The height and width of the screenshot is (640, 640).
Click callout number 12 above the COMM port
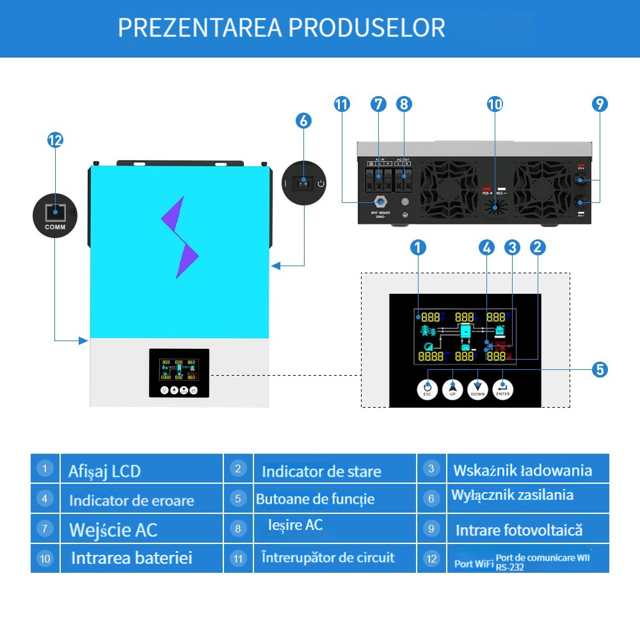click(x=56, y=140)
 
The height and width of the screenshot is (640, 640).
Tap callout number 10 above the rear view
click(x=495, y=104)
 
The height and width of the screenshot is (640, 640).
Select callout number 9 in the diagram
click(x=600, y=104)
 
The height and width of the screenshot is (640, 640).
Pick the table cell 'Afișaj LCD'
click(x=104, y=472)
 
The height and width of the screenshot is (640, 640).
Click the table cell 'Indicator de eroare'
click(x=131, y=500)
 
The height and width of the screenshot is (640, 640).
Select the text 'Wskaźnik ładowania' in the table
click(x=522, y=470)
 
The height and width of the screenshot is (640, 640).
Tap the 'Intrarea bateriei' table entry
click(x=131, y=558)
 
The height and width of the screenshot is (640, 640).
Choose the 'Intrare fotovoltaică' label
click(x=519, y=530)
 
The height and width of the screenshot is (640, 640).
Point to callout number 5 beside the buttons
click(x=600, y=369)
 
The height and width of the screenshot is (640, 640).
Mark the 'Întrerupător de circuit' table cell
click(x=328, y=557)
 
